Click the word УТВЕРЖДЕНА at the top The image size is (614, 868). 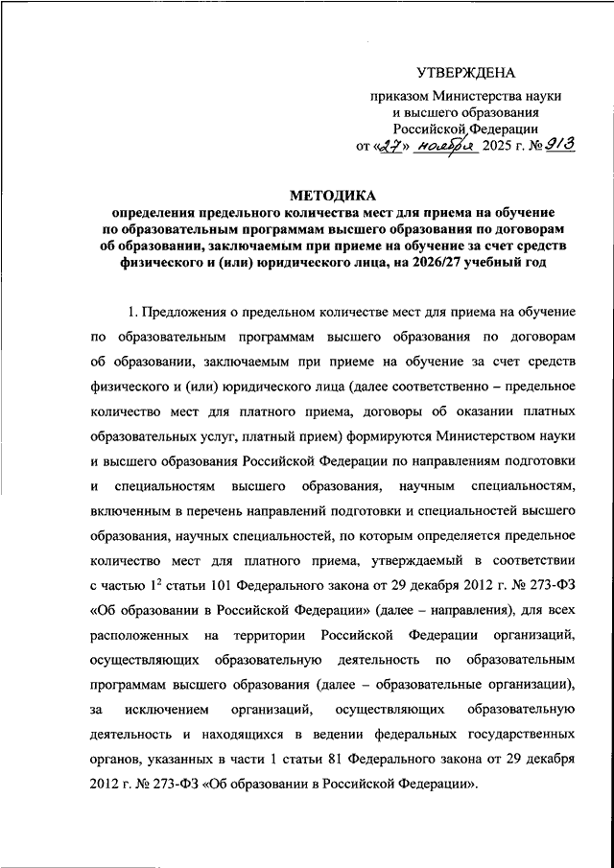pos(467,73)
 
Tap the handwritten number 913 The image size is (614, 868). pos(557,146)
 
